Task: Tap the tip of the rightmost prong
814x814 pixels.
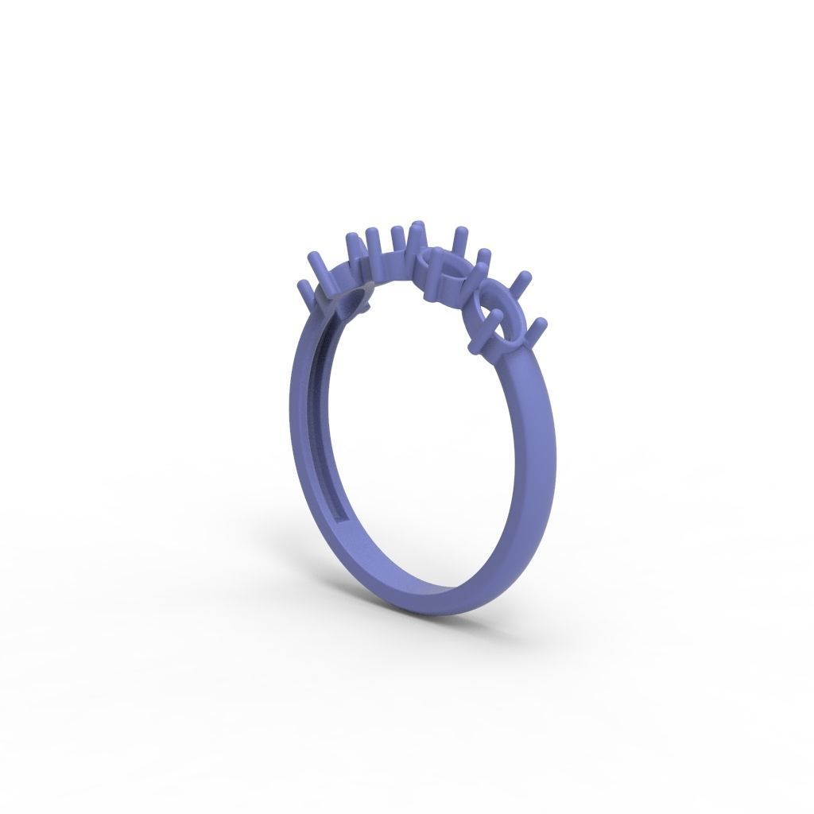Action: point(541,322)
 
